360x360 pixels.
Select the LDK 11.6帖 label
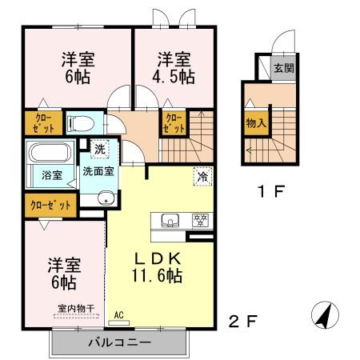157,267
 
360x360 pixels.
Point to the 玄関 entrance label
282,69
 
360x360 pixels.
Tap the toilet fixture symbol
81,123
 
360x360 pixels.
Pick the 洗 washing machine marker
101,148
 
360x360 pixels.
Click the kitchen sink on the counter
170,220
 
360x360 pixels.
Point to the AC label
119,314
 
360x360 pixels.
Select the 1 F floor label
266,192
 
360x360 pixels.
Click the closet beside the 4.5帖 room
174,122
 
